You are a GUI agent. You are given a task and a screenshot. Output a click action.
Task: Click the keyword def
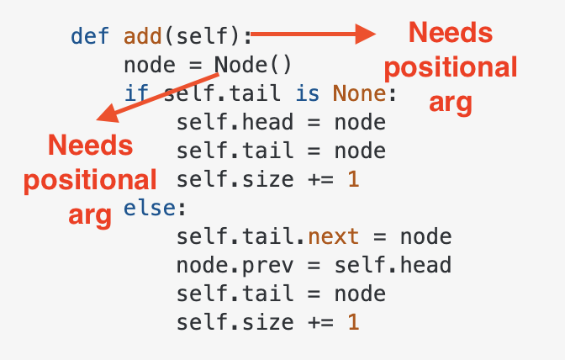coord(90,36)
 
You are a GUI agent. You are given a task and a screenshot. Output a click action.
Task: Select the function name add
coord(143,36)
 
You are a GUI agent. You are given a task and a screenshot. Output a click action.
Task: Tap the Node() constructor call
coord(252,65)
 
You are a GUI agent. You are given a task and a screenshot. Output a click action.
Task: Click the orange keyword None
coord(359,93)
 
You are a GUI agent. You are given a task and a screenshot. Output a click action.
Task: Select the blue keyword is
coord(308,93)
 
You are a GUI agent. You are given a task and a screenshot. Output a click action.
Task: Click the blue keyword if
coord(136,93)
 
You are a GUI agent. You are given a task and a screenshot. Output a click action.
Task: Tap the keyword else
coord(150,208)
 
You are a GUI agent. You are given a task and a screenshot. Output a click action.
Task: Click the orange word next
coord(333,236)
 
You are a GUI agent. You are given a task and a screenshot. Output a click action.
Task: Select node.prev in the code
coord(235,266)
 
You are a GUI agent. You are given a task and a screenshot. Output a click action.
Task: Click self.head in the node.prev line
coord(393,265)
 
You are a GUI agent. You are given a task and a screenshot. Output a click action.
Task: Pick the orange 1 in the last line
coord(353,322)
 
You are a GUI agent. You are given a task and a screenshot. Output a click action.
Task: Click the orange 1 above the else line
coord(353,179)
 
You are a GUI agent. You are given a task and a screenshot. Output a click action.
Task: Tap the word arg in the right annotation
coord(451,103)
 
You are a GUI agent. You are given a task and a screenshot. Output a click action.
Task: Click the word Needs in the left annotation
coord(91,146)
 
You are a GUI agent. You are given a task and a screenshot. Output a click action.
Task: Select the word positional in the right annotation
coord(451,68)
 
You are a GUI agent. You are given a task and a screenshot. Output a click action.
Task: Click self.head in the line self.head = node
coord(235,122)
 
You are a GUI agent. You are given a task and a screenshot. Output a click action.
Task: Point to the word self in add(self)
coord(203,36)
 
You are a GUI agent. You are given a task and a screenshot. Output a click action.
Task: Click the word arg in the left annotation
coord(90,215)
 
